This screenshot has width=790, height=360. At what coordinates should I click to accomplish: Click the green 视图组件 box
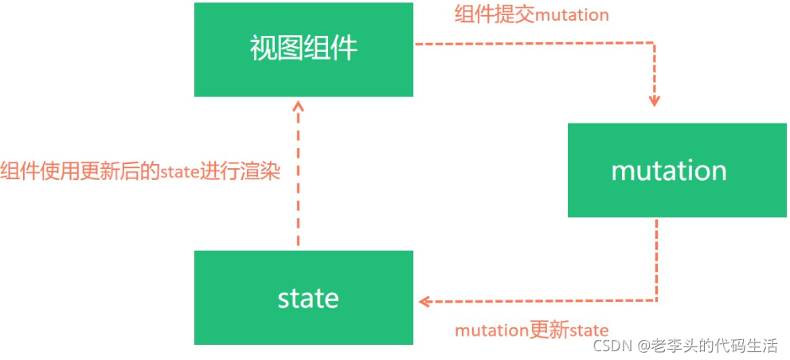(x=303, y=49)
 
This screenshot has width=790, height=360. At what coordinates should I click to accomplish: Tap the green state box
(x=303, y=298)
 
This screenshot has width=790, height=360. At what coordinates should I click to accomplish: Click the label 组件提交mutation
(x=531, y=15)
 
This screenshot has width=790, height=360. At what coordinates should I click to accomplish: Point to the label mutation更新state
(x=531, y=330)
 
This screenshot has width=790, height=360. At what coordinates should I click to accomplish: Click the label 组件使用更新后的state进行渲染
(x=140, y=172)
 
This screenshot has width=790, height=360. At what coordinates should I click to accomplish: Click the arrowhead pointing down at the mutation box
(x=655, y=101)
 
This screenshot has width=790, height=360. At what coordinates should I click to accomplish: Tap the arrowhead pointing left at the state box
(x=425, y=301)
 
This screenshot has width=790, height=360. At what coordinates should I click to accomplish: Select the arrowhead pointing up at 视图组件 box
(x=298, y=106)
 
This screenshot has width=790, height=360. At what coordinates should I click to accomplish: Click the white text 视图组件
(x=303, y=49)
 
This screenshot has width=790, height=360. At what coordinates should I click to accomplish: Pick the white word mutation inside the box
(x=668, y=170)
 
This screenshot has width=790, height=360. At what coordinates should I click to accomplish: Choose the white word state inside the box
(x=308, y=299)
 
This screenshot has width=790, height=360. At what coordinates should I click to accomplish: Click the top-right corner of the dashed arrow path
(x=655, y=45)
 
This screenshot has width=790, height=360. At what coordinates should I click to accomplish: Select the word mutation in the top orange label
(x=573, y=15)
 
